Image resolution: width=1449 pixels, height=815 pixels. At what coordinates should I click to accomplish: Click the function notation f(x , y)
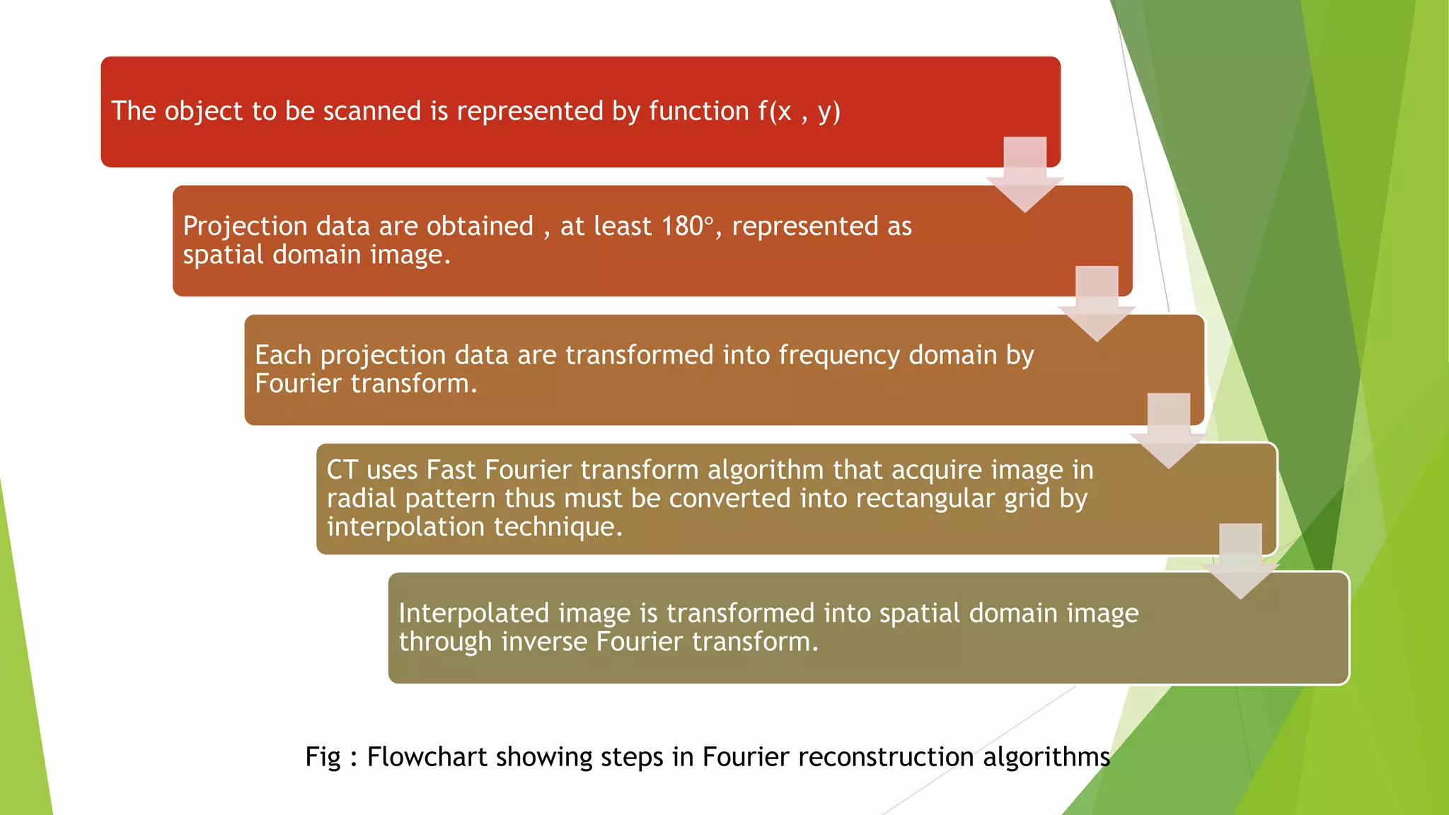coord(799,112)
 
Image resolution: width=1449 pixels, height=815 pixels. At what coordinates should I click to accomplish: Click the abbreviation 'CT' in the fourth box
coord(342,470)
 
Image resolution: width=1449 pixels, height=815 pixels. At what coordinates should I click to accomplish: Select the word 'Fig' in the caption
coord(323,758)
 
